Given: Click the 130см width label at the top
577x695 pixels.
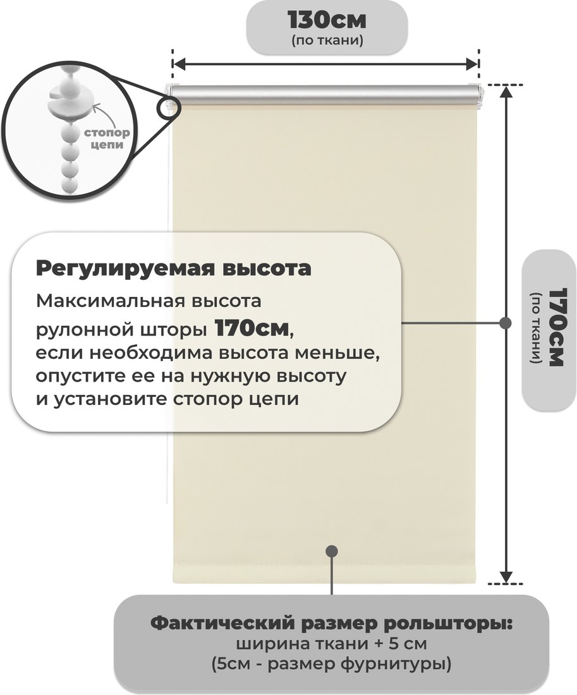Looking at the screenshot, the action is [x=327, y=20].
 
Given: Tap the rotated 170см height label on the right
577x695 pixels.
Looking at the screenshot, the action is [x=556, y=327].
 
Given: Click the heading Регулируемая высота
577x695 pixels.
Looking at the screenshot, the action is [x=173, y=268].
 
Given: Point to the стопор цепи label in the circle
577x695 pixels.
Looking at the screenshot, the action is [x=107, y=138].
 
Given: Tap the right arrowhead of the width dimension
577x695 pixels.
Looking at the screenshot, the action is [x=472, y=64].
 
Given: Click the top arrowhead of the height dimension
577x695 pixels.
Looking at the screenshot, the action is [x=506, y=91].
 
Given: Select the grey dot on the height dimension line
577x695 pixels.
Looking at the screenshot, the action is [x=505, y=323].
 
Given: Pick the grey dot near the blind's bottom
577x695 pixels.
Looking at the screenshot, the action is [x=332, y=552].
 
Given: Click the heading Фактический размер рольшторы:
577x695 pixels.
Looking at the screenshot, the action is [x=332, y=624].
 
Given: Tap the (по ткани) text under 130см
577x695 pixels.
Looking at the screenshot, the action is [x=327, y=41].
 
